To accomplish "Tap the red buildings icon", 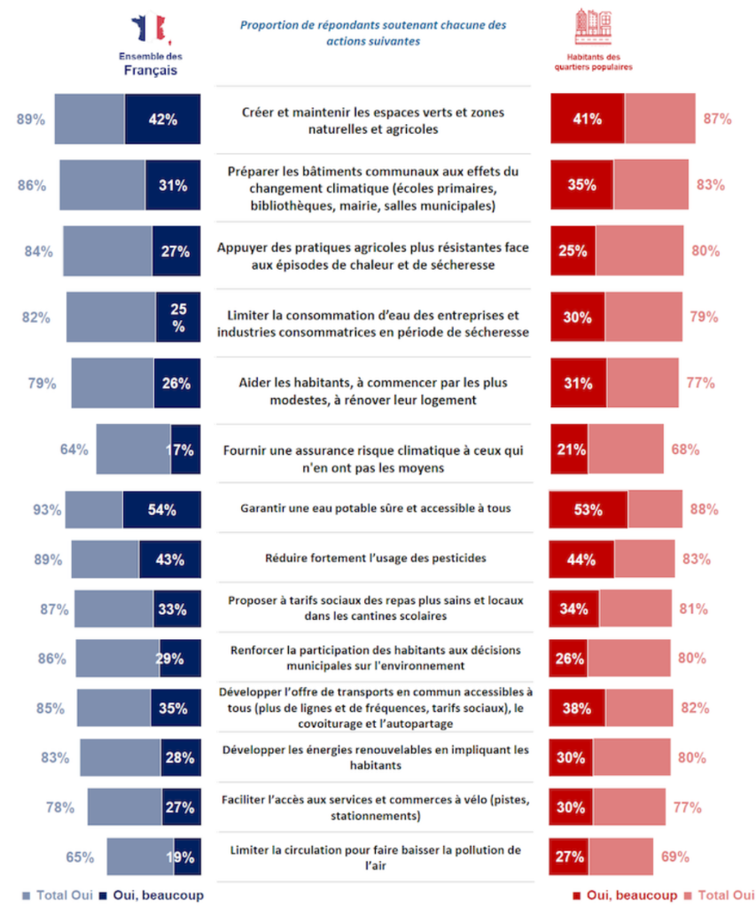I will [595, 27].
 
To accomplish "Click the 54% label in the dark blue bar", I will [161, 510].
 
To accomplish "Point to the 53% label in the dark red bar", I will [588, 510].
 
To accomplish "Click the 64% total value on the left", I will [74, 449].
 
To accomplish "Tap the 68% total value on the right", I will [685, 449].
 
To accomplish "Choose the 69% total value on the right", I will [675, 857].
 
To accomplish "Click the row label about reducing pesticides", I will [374, 559].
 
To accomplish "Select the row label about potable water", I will [374, 509].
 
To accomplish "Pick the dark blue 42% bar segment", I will [162, 120].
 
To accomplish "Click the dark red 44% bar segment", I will [581, 560].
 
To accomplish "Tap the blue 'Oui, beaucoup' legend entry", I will [152, 896].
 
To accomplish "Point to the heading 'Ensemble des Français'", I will [149, 66].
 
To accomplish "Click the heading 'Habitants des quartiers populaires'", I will [595, 62].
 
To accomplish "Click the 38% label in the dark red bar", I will [577, 708].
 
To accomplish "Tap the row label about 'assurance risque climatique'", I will [374, 458].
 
